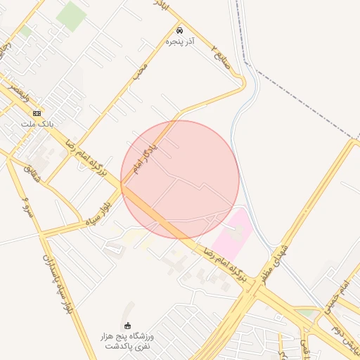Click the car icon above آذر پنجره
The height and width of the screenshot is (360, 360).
point(180,30)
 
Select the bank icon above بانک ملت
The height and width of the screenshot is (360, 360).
point(37,113)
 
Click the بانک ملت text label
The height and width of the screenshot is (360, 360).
point(37,124)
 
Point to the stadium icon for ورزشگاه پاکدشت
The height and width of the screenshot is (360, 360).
point(127,326)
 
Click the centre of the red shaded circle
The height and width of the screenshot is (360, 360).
point(180,179)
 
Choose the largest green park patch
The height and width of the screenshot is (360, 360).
point(71,15)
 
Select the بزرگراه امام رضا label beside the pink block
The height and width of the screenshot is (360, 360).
point(226,265)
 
